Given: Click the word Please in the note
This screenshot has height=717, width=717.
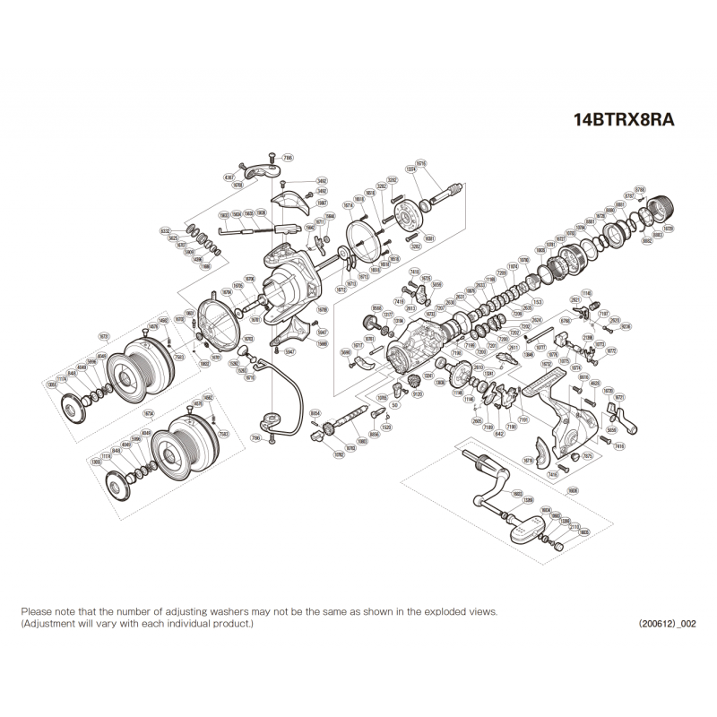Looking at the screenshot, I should pyautogui.click(x=37, y=609).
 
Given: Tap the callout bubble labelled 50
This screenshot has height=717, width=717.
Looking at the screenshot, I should pyautogui.click(x=394, y=405).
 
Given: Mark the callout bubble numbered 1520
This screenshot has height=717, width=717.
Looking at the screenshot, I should pyautogui.click(x=386, y=427).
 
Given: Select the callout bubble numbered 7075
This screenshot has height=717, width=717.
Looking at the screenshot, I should pyautogui.click(x=588, y=456).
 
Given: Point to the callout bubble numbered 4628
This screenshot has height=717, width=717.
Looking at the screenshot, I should pyautogui.click(x=596, y=383).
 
